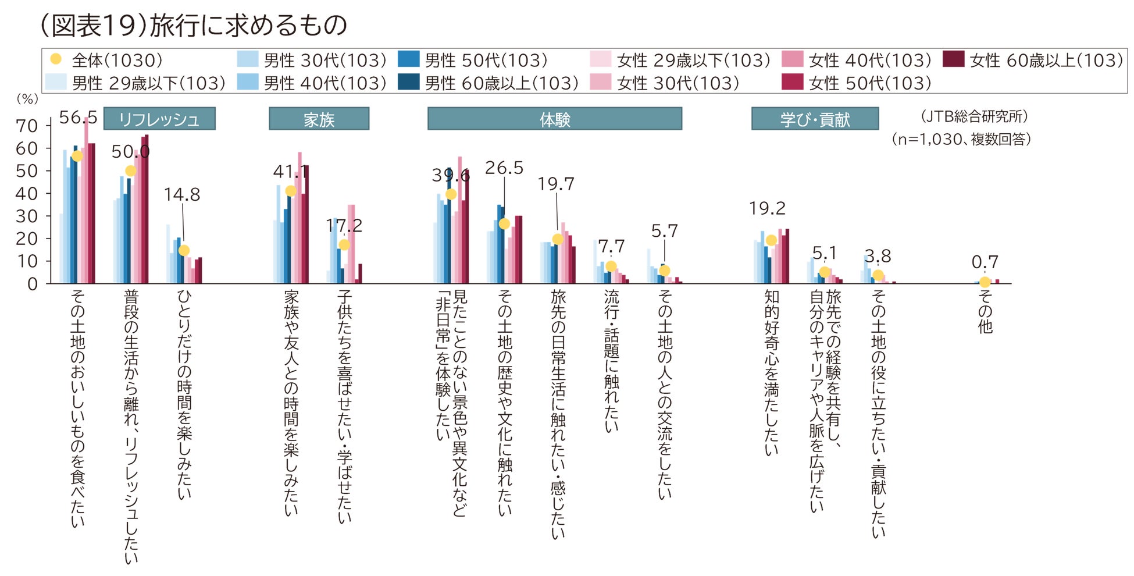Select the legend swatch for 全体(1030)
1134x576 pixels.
click(56, 59)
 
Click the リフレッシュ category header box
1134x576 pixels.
click(159, 119)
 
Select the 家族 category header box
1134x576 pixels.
click(319, 119)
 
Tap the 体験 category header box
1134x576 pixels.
click(554, 119)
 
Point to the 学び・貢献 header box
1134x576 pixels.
click(815, 119)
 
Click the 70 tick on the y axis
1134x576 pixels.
click(27, 126)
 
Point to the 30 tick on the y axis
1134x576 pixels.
click(27, 216)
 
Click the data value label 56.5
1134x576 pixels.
click(78, 118)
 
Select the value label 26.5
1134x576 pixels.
click(504, 168)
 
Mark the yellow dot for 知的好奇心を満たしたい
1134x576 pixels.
click(771, 240)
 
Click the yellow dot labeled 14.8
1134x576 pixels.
click(184, 251)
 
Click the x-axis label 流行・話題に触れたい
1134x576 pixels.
click(611, 361)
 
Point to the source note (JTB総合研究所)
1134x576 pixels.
click(974, 116)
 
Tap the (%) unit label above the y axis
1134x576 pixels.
click(27, 99)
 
